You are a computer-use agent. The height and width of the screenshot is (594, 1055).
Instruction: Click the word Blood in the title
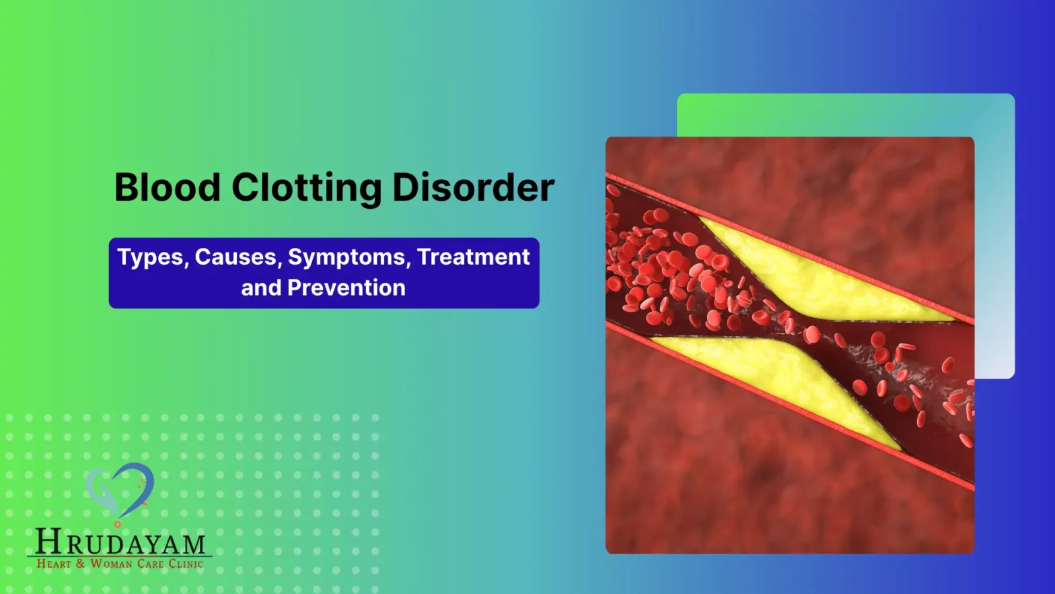click(x=167, y=187)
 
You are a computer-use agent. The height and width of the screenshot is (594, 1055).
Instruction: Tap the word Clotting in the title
click(x=306, y=189)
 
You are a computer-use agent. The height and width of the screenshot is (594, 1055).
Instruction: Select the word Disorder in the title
click(x=473, y=187)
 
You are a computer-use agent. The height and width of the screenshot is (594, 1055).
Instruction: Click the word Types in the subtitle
click(x=150, y=258)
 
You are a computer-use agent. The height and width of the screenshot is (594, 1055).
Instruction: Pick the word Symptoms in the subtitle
click(x=347, y=258)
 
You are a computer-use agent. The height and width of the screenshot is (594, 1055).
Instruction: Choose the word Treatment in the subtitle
click(x=473, y=257)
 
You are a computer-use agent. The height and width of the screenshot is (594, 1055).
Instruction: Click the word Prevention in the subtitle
click(x=346, y=288)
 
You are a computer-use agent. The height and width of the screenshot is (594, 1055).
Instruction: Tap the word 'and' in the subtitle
click(x=261, y=288)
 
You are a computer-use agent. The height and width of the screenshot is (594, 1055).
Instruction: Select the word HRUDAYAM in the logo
click(x=120, y=542)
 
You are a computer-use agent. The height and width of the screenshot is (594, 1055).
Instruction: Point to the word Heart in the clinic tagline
click(x=54, y=564)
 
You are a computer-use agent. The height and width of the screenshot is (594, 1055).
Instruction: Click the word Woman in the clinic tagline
click(x=111, y=564)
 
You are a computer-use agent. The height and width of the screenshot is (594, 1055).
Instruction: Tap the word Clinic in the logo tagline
click(x=186, y=564)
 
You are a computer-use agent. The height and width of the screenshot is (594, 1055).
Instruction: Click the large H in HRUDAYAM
click(x=49, y=541)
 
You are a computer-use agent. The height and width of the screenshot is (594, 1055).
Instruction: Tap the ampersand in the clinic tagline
click(x=81, y=564)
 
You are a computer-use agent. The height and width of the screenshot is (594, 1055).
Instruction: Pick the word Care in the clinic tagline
click(x=151, y=564)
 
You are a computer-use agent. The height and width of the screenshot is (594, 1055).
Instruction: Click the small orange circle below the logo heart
click(x=118, y=524)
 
